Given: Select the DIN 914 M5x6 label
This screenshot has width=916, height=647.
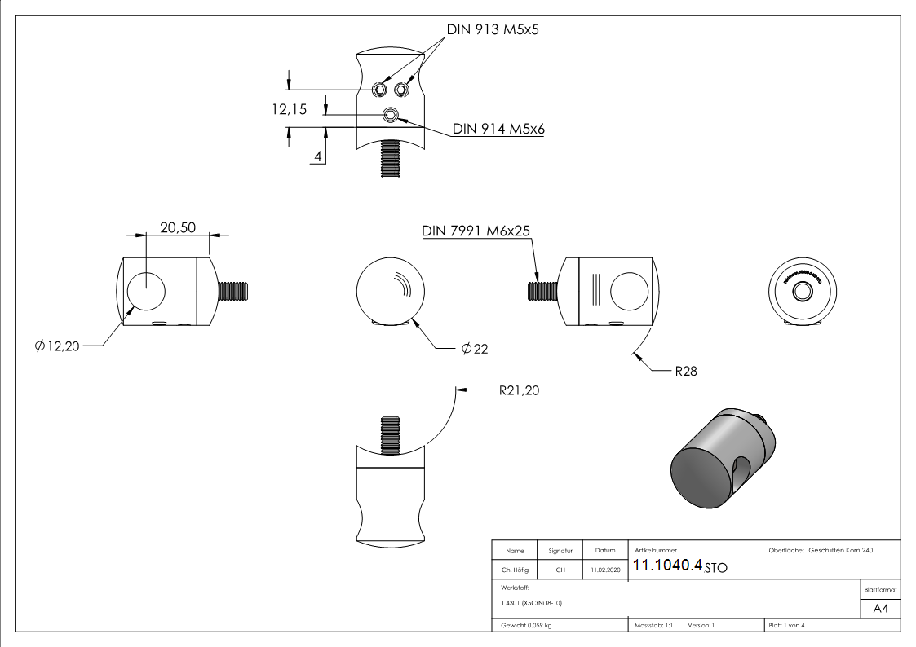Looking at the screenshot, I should tap(498, 130).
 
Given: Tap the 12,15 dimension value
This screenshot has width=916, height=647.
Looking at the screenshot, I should tap(290, 108).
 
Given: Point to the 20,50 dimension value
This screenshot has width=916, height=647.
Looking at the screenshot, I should tap(178, 228).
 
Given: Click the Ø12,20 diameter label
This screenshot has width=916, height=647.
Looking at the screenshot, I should tap(57, 347).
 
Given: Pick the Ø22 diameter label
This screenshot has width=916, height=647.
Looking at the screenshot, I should tap(474, 349).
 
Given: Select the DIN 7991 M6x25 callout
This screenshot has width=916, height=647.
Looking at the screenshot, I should tap(476, 231).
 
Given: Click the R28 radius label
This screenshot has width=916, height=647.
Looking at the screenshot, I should tap(686, 371).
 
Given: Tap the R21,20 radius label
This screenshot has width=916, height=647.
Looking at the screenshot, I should tap(519, 391).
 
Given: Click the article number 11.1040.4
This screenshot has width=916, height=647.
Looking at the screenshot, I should tap(667, 566).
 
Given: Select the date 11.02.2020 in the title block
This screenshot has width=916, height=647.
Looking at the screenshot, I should tap(605, 570).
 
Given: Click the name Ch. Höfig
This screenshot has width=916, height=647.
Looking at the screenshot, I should tap(515, 570).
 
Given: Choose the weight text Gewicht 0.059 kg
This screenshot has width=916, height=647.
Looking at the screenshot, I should tap(526, 626).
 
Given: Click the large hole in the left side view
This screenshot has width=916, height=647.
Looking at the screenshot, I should tap(146, 290).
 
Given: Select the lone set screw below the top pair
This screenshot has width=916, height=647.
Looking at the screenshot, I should tap(392, 114).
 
